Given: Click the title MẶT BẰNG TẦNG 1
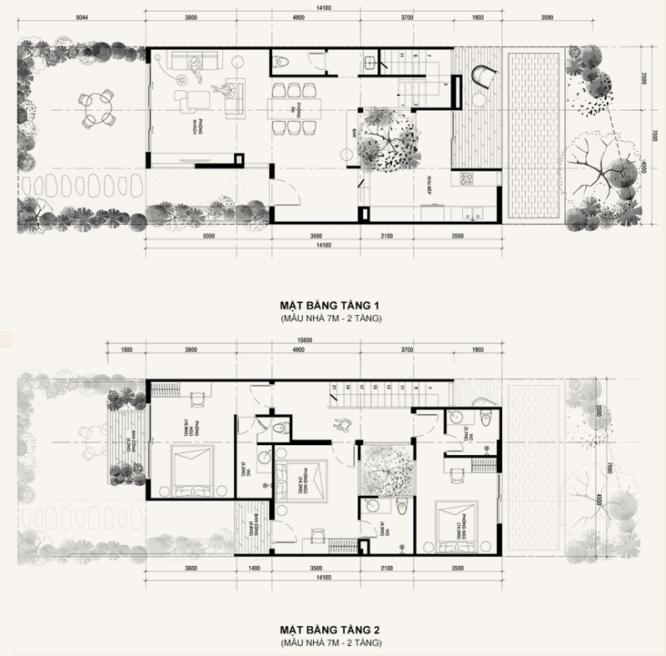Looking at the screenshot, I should coord(331,306).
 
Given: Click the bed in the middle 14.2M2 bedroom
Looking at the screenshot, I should coord(305,482).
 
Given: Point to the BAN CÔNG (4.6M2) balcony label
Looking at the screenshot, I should coord(251,528).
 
